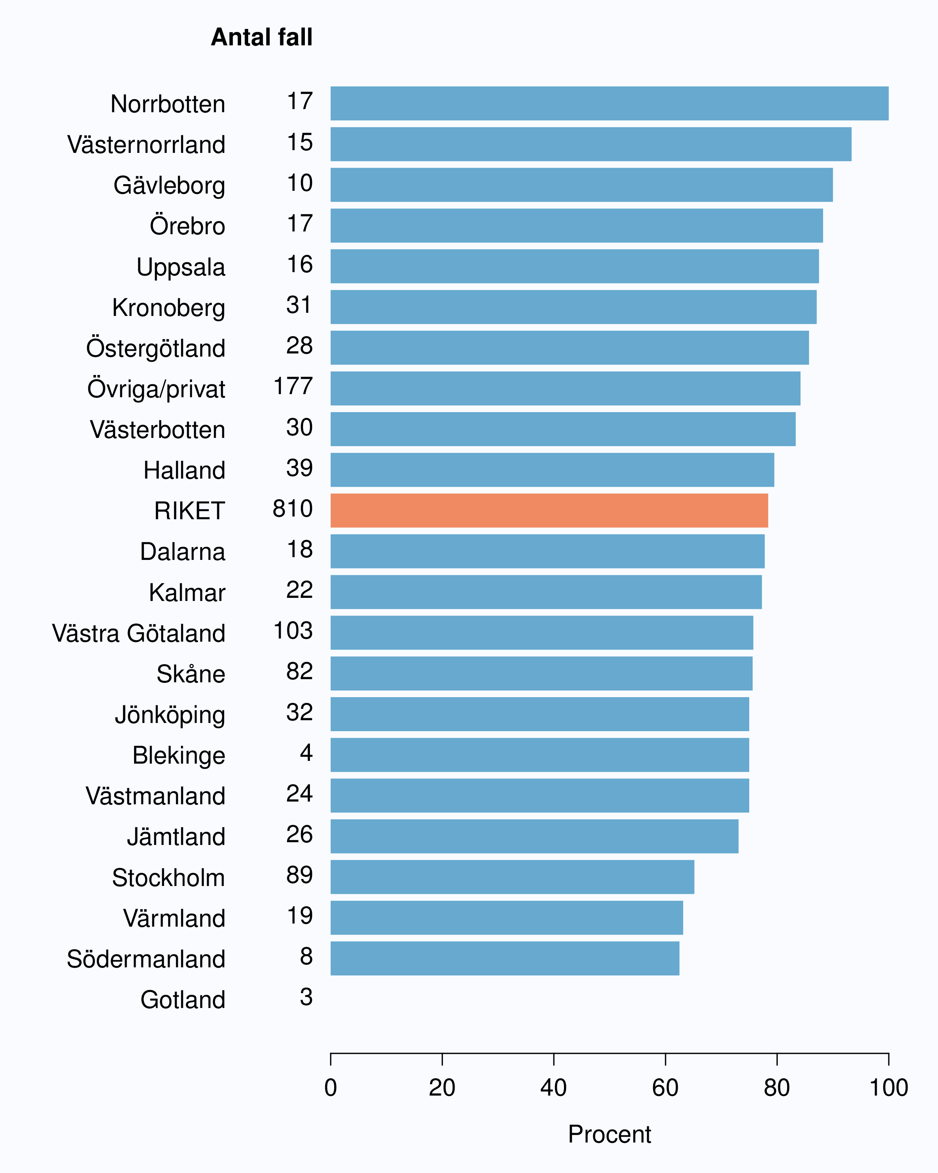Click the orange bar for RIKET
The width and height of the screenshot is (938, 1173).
pyautogui.click(x=549, y=510)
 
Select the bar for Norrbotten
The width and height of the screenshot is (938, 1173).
pyautogui.click(x=610, y=103)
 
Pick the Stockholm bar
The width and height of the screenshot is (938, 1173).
pyautogui.click(x=512, y=877)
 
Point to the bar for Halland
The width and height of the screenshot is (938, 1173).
pyautogui.click(x=553, y=470)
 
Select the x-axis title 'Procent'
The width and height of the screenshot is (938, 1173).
pyautogui.click(x=610, y=1134)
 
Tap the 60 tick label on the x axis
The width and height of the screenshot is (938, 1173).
pyautogui.click(x=665, y=1088)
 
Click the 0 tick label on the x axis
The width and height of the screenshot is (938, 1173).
pyautogui.click(x=331, y=1088)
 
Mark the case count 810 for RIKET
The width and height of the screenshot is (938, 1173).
pyautogui.click(x=293, y=509)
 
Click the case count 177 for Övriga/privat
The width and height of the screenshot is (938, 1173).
pyautogui.click(x=293, y=386)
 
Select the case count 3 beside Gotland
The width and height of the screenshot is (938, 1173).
pyautogui.click(x=306, y=997)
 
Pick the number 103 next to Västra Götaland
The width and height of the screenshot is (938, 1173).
pyautogui.click(x=293, y=631)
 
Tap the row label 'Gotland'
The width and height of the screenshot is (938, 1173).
pyautogui.click(x=183, y=1000)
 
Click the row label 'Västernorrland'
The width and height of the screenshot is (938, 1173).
pyautogui.click(x=146, y=145)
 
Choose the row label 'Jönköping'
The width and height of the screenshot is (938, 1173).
pyautogui.click(x=170, y=715)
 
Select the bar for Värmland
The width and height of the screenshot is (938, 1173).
pyautogui.click(x=507, y=917)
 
